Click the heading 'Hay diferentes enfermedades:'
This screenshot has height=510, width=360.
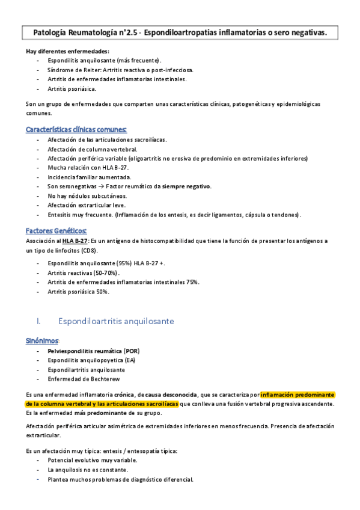[68, 51]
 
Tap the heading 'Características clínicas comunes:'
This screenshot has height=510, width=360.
[76, 129]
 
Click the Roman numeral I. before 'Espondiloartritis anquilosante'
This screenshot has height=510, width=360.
[39, 321]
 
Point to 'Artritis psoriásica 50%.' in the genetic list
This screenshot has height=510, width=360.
[78, 291]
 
